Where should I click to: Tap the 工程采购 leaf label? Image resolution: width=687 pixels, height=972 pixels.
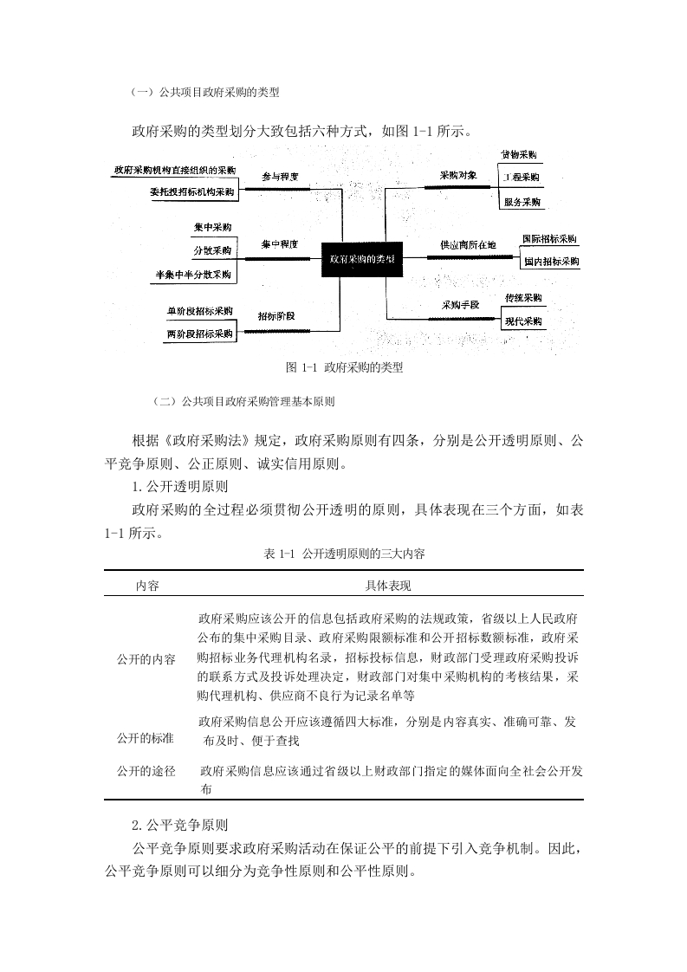tap(521, 178)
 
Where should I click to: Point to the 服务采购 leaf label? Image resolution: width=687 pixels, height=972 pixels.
tap(522, 202)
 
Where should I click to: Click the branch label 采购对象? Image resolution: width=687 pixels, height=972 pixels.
tap(458, 175)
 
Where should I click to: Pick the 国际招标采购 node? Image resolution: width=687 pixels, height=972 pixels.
tap(550, 238)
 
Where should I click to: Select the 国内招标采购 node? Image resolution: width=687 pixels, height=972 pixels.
tap(550, 261)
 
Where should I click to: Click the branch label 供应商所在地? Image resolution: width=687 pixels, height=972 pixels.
tap(468, 245)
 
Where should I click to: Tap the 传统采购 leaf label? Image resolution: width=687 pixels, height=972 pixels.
tap(523, 298)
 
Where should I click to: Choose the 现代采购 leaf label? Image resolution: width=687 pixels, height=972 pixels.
tap(523, 321)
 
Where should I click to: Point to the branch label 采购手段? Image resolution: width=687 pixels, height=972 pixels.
tap(460, 305)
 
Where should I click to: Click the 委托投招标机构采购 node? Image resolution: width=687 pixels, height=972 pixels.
tap(191, 192)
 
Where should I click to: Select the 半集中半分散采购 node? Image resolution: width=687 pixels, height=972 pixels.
tap(193, 275)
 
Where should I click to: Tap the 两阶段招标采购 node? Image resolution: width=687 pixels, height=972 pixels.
tap(200, 334)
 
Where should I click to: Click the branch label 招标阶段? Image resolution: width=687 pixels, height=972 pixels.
tap(275, 315)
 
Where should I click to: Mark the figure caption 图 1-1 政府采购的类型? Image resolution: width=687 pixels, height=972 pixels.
tap(344, 367)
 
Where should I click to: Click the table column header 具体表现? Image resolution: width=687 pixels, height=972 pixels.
tap(388, 586)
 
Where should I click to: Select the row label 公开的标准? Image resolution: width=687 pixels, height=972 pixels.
tap(146, 738)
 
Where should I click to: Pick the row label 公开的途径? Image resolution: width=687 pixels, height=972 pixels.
tap(146, 771)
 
